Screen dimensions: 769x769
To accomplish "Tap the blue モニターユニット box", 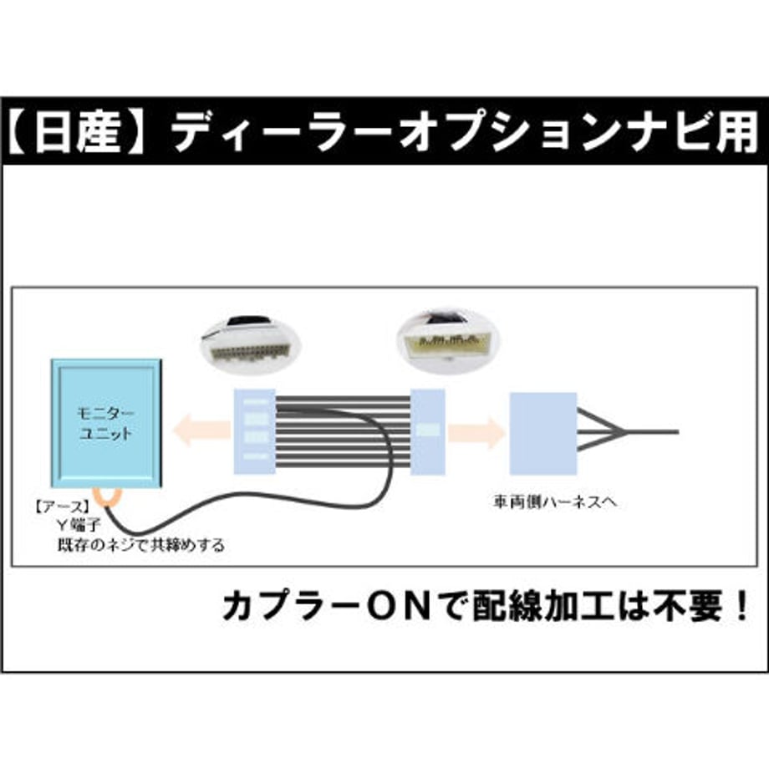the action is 106,423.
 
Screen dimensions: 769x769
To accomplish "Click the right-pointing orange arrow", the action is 476,432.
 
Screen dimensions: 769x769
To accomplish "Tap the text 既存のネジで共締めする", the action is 140,545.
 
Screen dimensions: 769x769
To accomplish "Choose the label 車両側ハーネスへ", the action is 555,502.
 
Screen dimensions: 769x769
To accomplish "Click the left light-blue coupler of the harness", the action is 255,431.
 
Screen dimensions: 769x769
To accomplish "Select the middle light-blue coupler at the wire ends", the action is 427,431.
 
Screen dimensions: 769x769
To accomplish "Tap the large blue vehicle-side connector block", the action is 543,434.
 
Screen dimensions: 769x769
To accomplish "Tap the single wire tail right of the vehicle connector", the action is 652,432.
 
